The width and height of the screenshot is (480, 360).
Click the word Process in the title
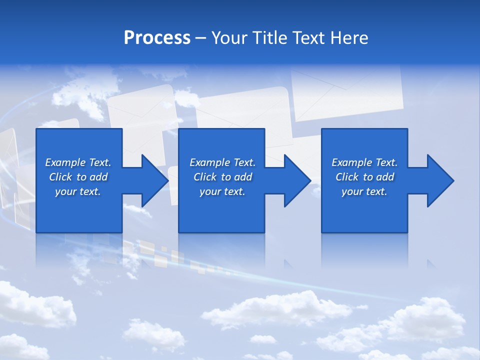tap(157, 38)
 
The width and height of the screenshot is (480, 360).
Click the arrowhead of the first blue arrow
tap(155, 180)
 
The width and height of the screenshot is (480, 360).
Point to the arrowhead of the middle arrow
tap(297, 180)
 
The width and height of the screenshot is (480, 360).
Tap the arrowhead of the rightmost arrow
tap(440, 180)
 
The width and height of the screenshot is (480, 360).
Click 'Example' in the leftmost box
tap(65, 162)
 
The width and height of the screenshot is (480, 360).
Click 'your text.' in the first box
tap(78, 191)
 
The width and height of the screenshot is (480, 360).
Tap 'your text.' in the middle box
tap(222, 191)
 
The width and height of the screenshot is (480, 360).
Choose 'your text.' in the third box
tap(364, 191)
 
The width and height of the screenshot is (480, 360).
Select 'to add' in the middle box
tap(236, 177)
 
